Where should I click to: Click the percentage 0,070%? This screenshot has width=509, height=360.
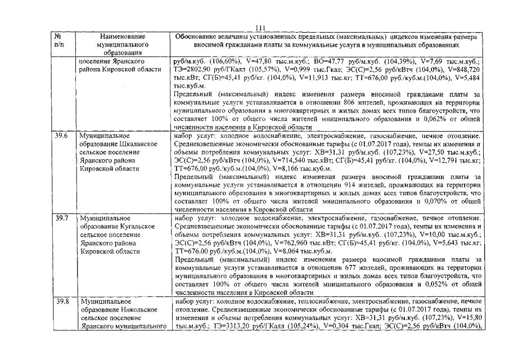click(x=413, y=201)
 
